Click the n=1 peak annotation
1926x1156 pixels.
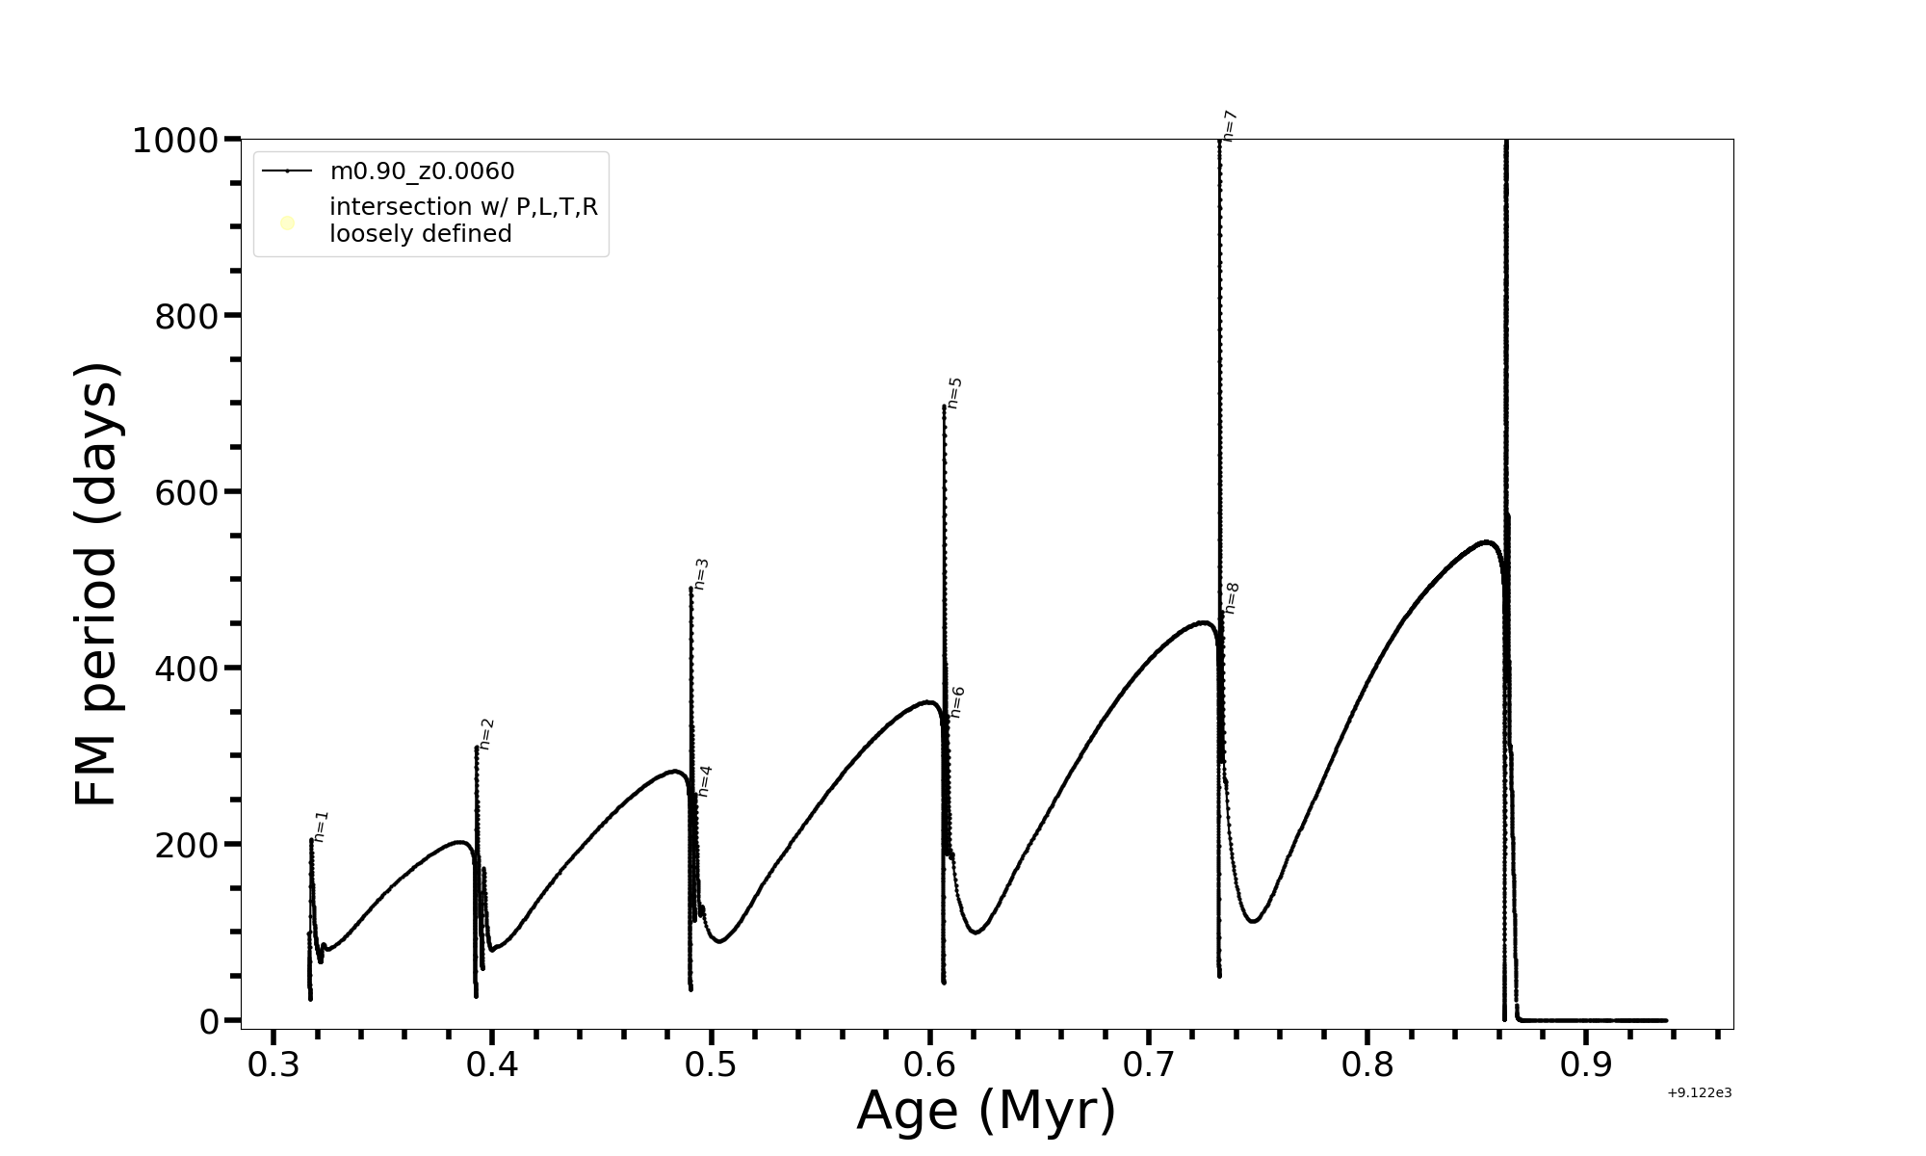(x=322, y=827)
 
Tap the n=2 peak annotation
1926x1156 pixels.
(x=487, y=734)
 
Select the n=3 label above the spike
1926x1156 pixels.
(x=701, y=574)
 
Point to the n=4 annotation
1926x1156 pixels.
(x=705, y=781)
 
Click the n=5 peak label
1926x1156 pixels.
(x=954, y=393)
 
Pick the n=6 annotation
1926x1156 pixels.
(x=957, y=702)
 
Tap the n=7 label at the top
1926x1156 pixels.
(x=1230, y=126)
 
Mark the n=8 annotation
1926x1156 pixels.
(x=1232, y=598)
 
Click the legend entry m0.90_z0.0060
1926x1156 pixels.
(x=422, y=171)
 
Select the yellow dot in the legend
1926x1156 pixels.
(x=287, y=223)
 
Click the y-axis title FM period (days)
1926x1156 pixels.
(x=97, y=585)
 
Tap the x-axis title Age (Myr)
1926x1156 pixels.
(x=986, y=1111)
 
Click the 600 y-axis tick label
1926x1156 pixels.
(x=187, y=492)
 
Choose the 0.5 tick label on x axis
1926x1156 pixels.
(x=711, y=1065)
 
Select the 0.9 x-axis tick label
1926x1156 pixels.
(x=1586, y=1065)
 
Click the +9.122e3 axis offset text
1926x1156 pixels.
(x=1700, y=1093)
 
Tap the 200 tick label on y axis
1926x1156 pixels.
(x=187, y=845)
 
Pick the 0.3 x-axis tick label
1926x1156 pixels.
(x=273, y=1065)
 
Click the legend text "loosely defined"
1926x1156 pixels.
(x=421, y=234)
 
